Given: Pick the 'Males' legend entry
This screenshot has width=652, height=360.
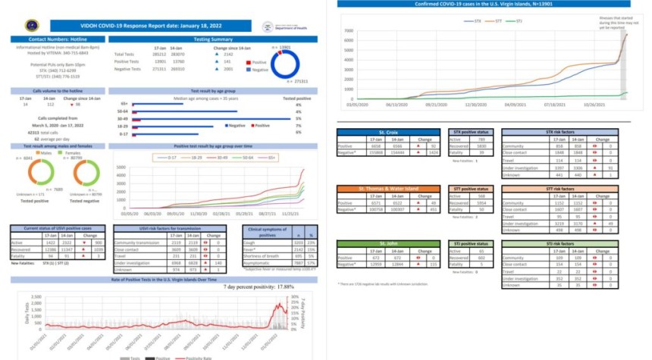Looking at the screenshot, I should (x=43, y=152).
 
